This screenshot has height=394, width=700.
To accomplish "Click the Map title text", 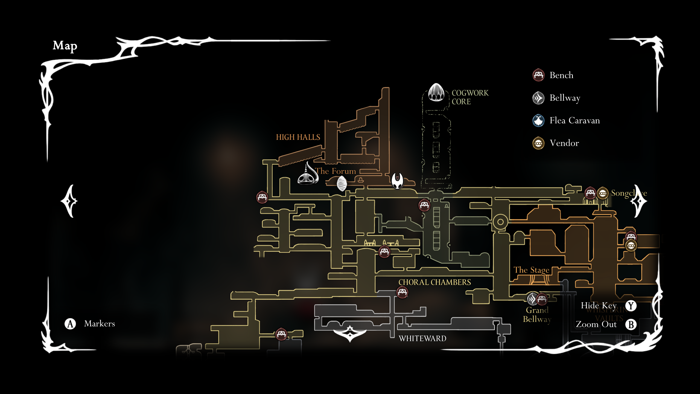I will (65, 46).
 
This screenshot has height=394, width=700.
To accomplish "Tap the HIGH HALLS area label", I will (298, 137).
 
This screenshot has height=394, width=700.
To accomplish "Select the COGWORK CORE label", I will (470, 97).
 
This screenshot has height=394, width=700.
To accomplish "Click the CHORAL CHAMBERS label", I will (434, 282).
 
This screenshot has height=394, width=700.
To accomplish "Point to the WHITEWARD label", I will (422, 338).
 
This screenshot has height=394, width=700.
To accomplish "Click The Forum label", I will (336, 171).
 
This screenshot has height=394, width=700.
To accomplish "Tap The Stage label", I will (531, 270).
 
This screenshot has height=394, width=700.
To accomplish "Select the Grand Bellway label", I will (537, 315).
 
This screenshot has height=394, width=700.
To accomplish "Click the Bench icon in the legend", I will (538, 75).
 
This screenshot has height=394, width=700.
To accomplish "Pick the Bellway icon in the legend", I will (538, 98).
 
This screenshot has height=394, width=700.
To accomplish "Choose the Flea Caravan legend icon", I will (538, 120).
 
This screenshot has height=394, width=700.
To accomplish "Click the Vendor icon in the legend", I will (538, 143).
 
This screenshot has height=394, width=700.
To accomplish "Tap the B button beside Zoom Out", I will (631, 325).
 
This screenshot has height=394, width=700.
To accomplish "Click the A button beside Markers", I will (70, 324).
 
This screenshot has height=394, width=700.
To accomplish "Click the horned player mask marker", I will (397, 181).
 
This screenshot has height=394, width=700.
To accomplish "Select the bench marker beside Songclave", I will (590, 193).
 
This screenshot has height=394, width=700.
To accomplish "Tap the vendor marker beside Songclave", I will (602, 193).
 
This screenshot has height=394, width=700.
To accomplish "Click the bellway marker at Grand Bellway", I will (532, 299).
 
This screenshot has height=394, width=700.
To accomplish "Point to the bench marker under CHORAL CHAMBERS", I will (402, 292).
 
